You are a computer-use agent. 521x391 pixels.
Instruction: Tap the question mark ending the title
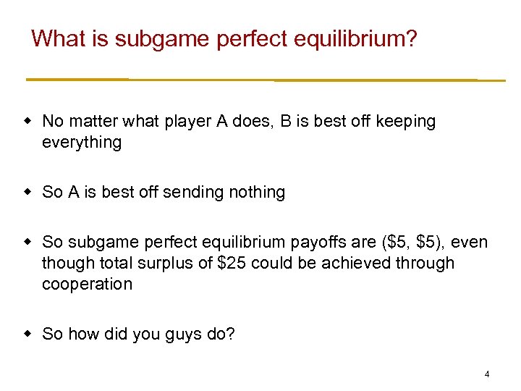click(x=412, y=38)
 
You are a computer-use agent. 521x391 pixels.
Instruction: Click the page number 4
click(x=487, y=374)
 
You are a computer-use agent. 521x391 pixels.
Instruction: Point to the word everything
click(x=82, y=143)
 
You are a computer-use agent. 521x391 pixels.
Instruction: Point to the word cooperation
click(x=87, y=284)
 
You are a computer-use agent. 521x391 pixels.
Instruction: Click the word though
click(x=62, y=263)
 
